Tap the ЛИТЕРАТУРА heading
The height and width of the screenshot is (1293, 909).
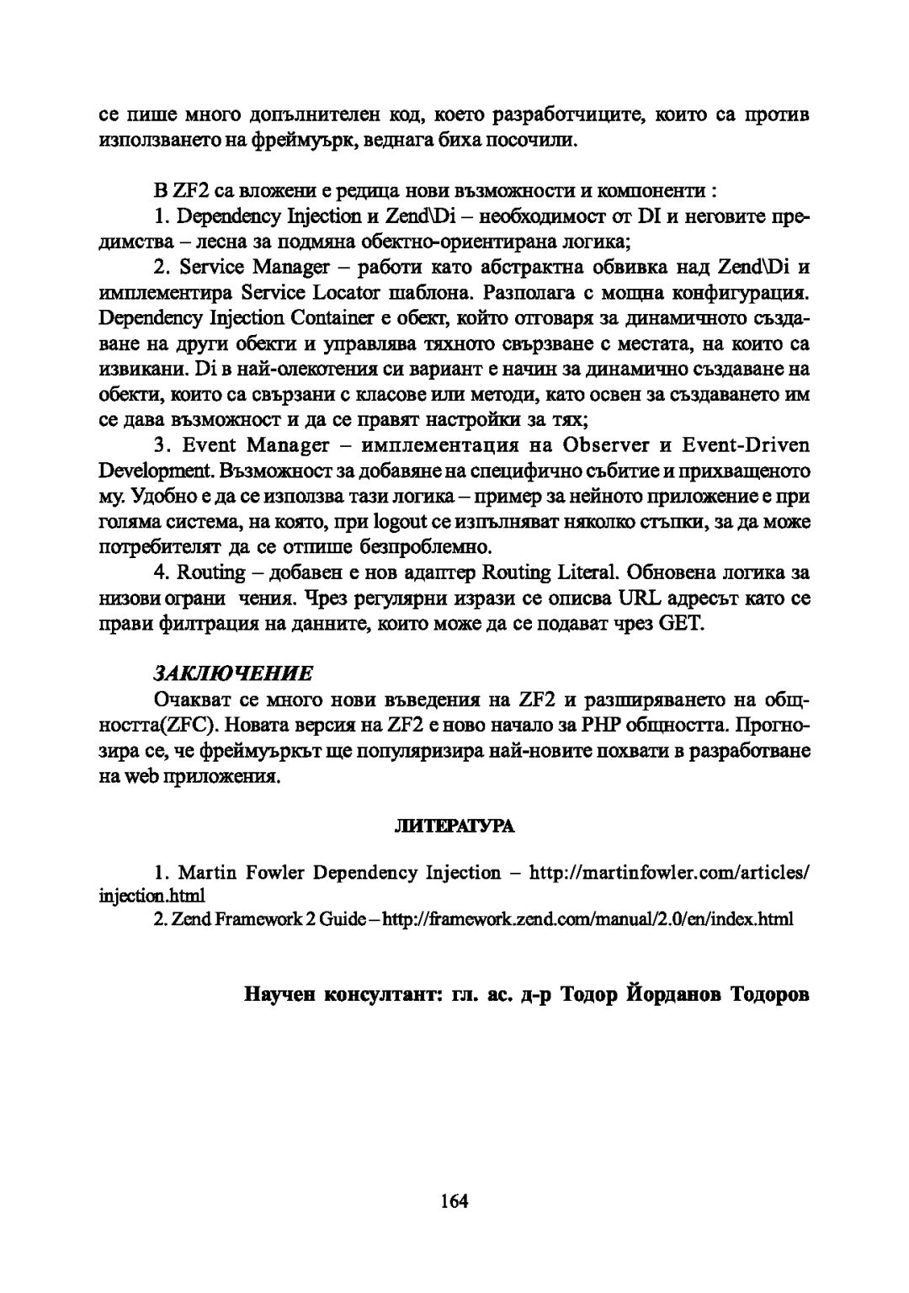(x=454, y=827)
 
